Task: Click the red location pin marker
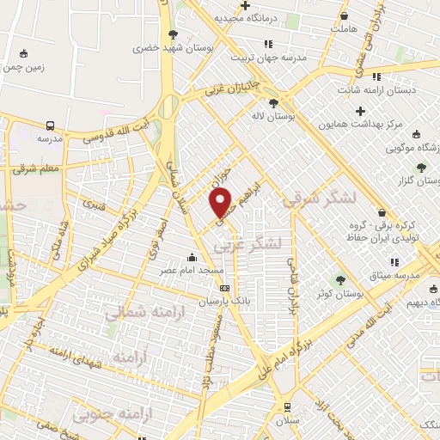click(221, 201)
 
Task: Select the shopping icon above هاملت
click(345, 15)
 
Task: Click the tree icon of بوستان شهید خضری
click(173, 35)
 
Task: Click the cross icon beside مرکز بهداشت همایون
click(361, 111)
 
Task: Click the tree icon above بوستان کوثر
click(341, 280)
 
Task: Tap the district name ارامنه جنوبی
click(114, 415)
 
